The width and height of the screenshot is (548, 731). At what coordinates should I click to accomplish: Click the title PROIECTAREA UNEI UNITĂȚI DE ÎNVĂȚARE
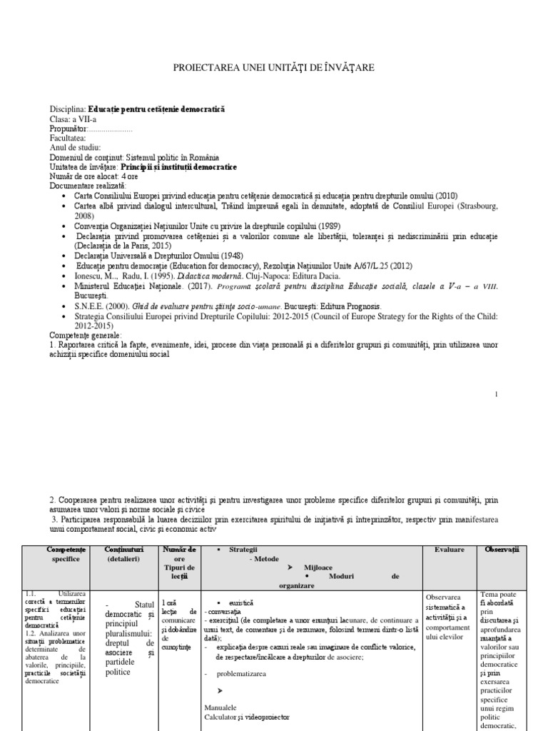[274, 67]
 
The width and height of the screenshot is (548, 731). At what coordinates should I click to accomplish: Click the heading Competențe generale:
[86, 335]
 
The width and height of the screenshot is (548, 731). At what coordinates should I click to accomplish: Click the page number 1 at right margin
[495, 393]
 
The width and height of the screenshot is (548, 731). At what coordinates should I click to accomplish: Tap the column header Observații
[502, 549]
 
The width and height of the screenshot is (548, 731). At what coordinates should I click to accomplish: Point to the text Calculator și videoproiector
[248, 717]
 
